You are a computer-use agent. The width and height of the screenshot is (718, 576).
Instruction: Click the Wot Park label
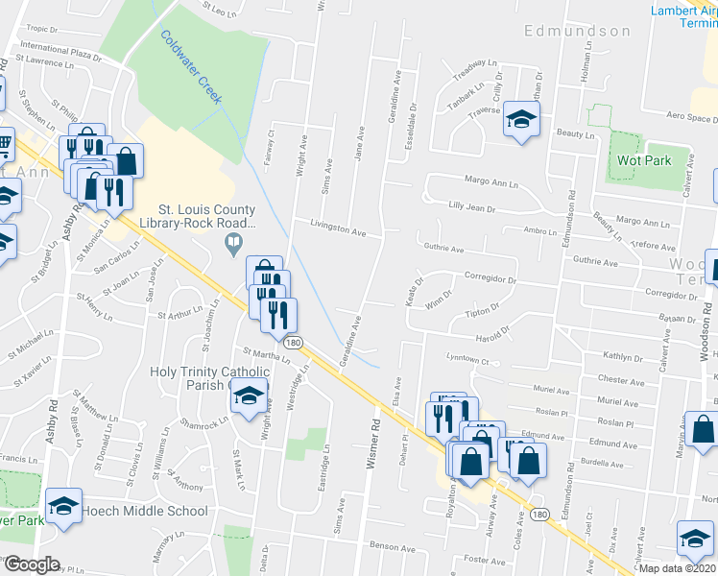coord(644,160)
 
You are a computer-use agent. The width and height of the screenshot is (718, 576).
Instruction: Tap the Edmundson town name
coord(577,31)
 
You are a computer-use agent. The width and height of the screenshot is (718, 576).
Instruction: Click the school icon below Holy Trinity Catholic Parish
coord(249,396)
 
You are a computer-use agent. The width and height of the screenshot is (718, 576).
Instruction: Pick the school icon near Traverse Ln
coord(521,119)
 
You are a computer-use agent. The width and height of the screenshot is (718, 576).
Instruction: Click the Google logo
coord(31,564)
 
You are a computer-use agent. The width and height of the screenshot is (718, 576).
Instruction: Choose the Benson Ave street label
coord(392,545)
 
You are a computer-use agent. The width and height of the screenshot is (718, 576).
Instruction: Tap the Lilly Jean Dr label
coord(471,207)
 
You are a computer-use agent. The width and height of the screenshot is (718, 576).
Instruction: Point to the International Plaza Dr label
coord(60,50)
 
